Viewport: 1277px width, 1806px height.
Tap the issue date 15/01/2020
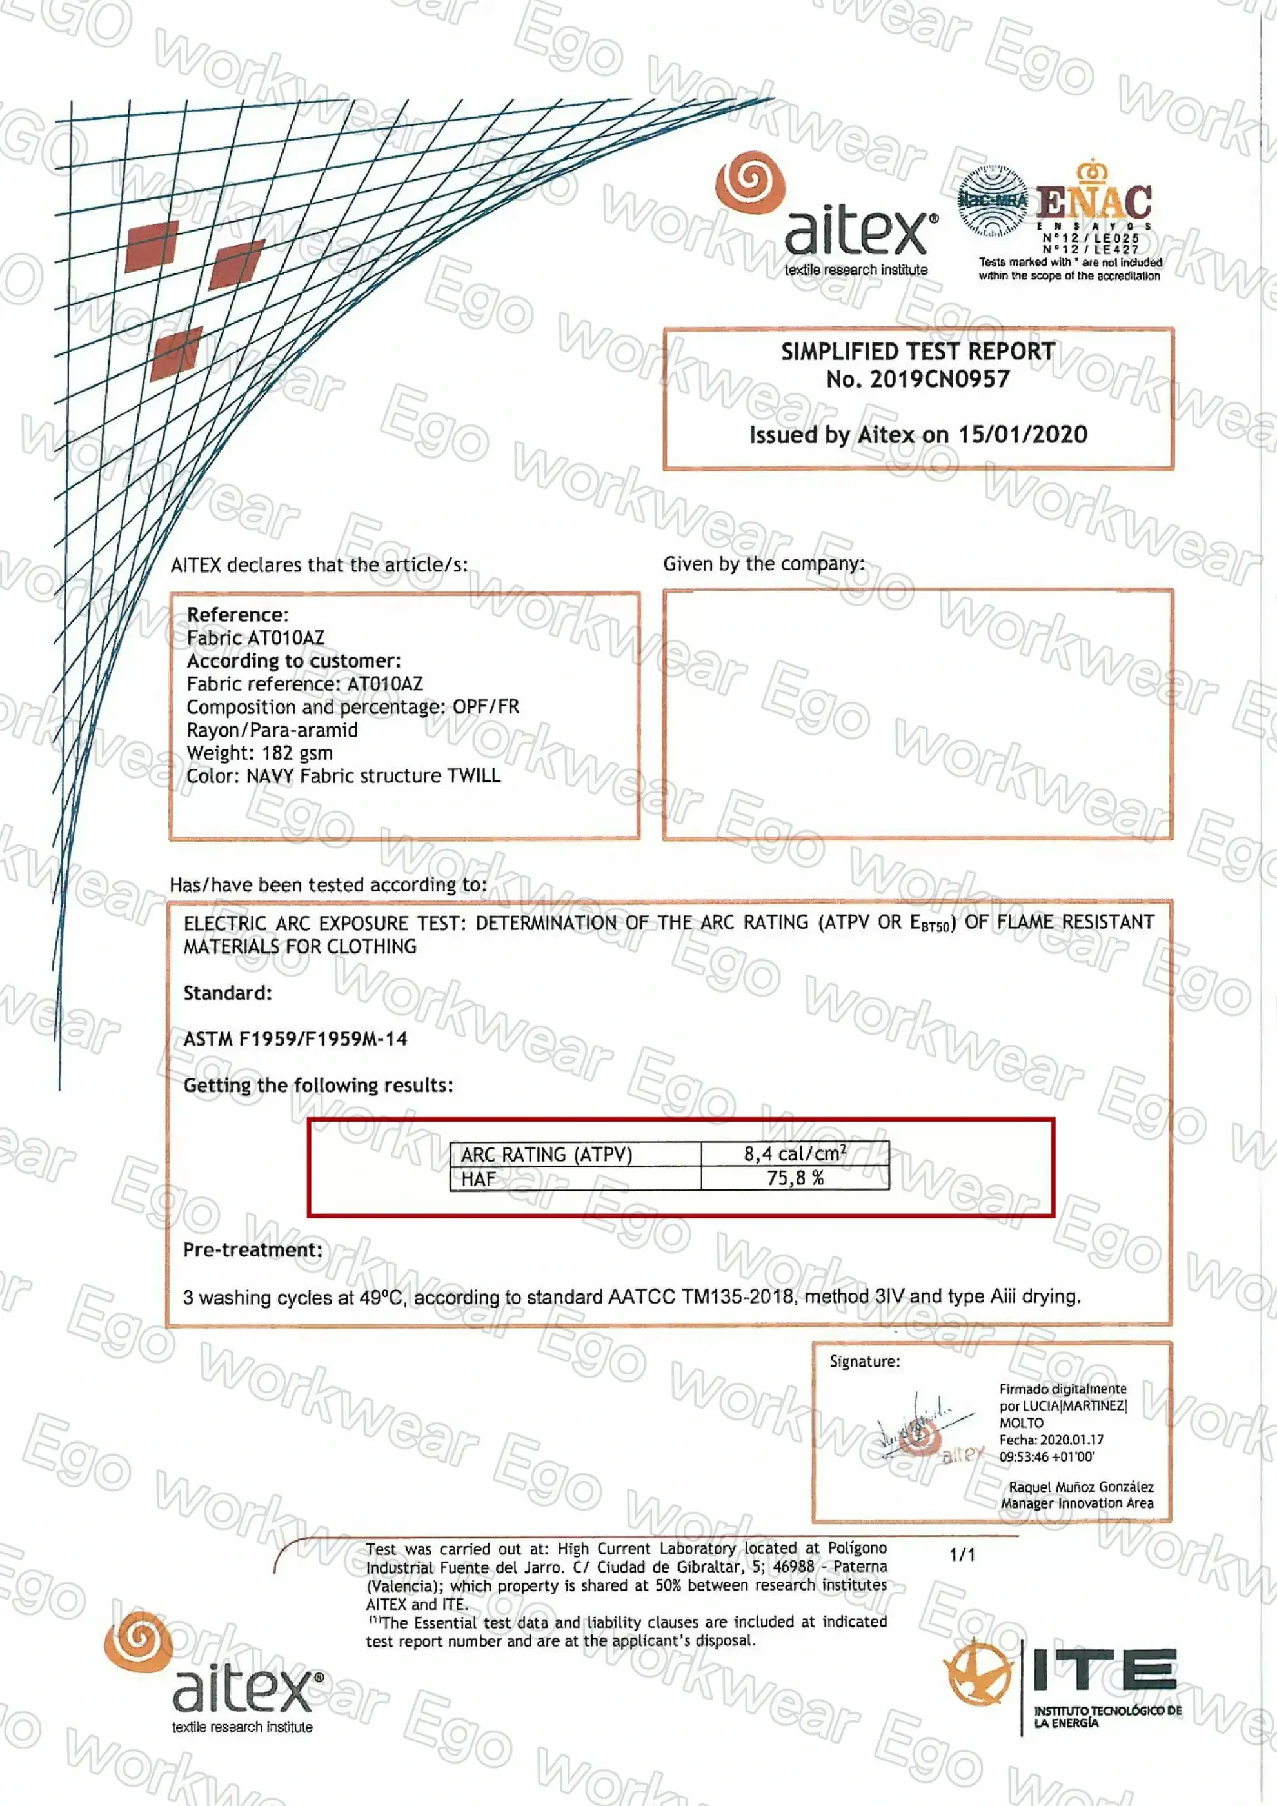pos(1022,434)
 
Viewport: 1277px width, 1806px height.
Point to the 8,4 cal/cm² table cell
pos(795,1154)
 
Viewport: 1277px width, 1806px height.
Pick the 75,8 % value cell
pos(795,1178)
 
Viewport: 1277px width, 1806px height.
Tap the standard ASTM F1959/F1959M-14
pos(295,1039)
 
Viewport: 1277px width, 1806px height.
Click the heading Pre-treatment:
pos(252,1250)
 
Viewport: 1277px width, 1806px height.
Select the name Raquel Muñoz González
pos(1080,1486)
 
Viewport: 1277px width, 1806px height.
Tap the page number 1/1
pos(962,1554)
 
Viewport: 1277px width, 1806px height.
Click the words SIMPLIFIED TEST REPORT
pos(918,352)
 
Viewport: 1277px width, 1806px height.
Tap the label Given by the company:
pos(763,563)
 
